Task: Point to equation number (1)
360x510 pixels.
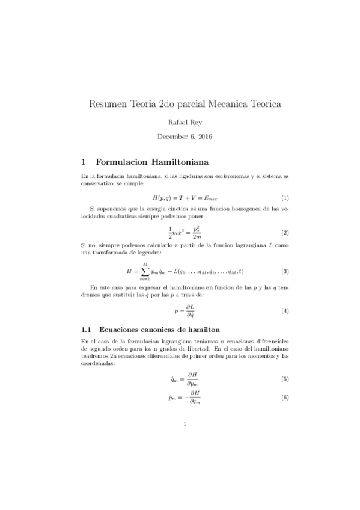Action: (x=285, y=198)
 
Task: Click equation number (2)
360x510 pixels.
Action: (x=285, y=232)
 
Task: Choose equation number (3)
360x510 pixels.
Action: (x=285, y=271)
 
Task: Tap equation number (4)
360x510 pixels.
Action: (x=285, y=310)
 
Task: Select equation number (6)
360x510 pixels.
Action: (x=285, y=398)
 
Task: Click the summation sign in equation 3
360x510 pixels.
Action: (x=144, y=271)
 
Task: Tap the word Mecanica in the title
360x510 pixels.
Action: (x=216, y=103)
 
